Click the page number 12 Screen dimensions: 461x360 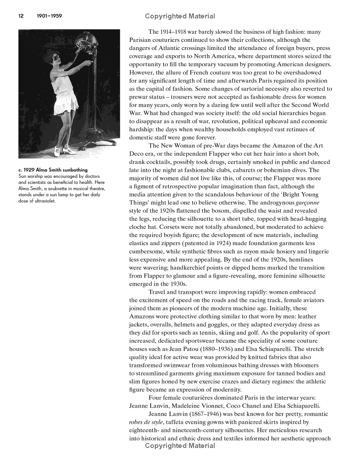(x=21, y=16)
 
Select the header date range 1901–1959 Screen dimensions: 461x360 (x=49, y=16)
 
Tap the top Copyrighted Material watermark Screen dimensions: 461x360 (x=180, y=17)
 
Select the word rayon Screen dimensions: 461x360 (x=238, y=251)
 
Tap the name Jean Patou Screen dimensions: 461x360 (x=194, y=349)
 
